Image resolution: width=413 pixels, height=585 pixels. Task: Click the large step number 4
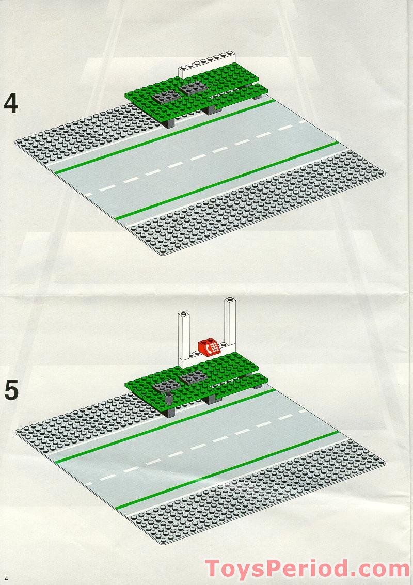click(11, 103)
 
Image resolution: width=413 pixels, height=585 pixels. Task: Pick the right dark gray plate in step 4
click(192, 88)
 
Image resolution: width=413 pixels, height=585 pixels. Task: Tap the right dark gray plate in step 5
click(192, 377)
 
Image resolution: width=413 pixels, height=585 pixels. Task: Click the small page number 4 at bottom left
click(6, 577)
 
